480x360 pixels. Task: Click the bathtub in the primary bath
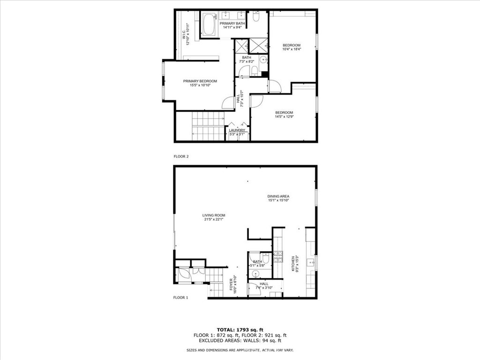point(209,24)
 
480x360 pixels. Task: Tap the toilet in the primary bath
point(256,17)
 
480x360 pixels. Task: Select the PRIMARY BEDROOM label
point(200,81)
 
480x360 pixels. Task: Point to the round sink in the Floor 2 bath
point(263,60)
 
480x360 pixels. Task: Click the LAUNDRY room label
point(237,130)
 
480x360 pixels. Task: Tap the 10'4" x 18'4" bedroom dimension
point(291,49)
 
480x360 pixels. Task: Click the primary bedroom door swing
point(228,103)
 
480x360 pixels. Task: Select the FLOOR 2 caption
point(181,157)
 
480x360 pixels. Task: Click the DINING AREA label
point(278,196)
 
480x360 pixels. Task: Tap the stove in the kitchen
point(278,256)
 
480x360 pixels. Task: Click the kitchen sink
point(310,262)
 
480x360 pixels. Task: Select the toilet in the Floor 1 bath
point(266,258)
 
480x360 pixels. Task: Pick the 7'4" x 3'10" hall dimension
point(264,288)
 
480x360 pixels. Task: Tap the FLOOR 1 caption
point(180,298)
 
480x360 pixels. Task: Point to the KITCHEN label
point(293,263)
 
